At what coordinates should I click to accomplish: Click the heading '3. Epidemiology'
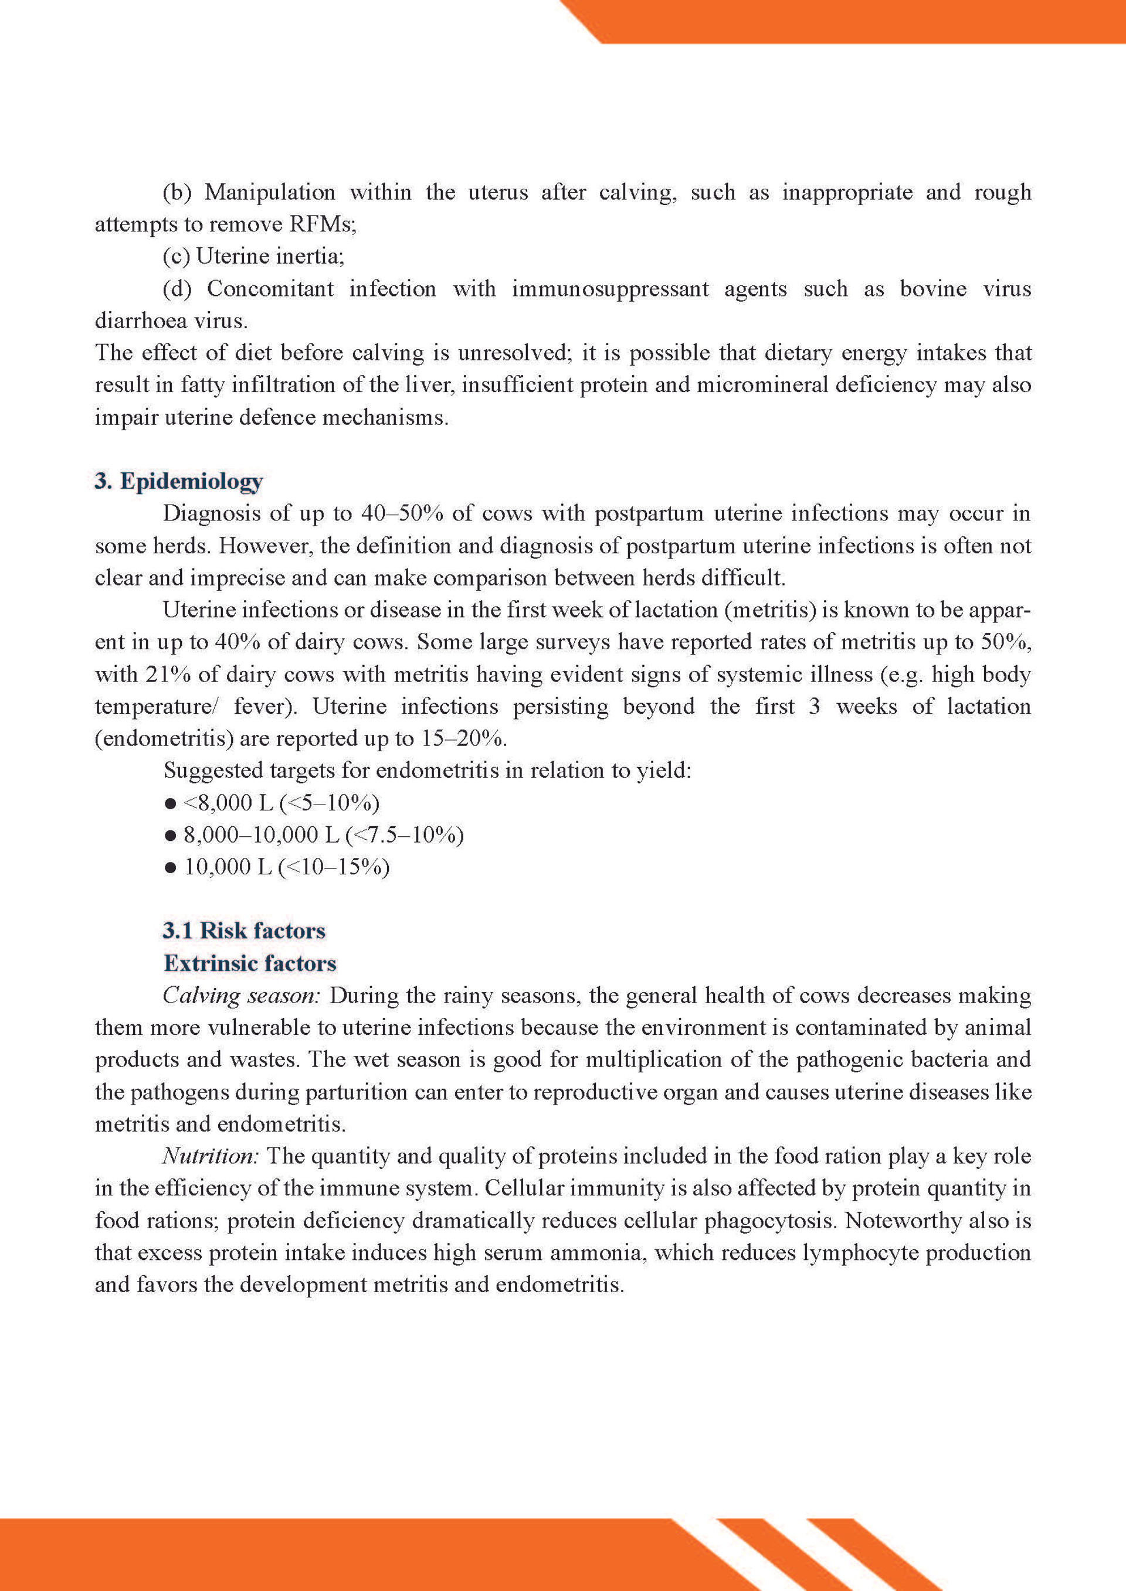pos(178,481)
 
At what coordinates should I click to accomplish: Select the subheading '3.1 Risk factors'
pos(243,930)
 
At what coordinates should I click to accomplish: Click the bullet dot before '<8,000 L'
pos(170,804)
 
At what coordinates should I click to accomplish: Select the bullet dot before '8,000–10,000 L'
pos(170,836)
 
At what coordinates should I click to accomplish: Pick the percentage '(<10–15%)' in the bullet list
pos(334,867)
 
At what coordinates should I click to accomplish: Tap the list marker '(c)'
pos(176,257)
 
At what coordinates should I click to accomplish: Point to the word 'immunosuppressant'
pos(610,289)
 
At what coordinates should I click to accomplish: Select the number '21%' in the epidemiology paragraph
pos(168,674)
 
